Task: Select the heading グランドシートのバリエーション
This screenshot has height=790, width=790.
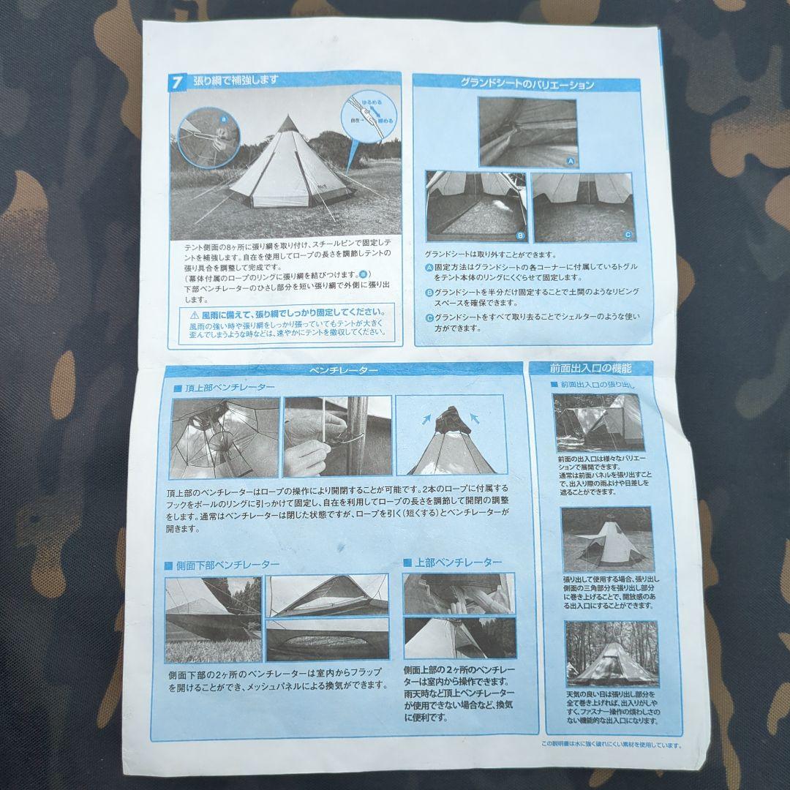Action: pos(527,84)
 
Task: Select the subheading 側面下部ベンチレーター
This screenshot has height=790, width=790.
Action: pos(227,565)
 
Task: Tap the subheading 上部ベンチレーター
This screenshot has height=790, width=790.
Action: pos(458,563)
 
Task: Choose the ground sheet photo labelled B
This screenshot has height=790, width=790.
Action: pos(475,208)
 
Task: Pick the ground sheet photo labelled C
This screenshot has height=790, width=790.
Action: pos(582,208)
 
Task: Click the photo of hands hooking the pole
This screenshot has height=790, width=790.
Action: pos(337,437)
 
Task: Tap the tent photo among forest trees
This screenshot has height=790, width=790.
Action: pos(611,653)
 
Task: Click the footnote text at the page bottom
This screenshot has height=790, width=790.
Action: pos(611,745)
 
